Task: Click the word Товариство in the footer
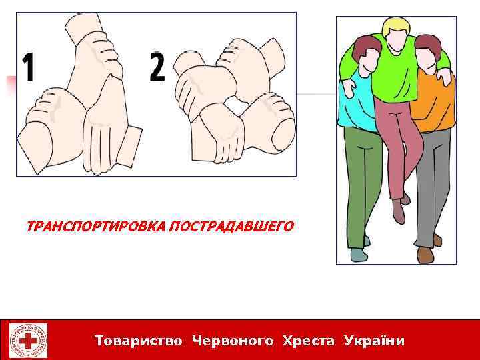coord(139,341)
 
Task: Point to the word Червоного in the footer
coord(233,341)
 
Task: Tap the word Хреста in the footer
coord(309,341)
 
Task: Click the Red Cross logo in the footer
coord(28,341)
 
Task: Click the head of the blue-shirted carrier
coord(363,57)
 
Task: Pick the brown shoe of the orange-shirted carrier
coord(425,254)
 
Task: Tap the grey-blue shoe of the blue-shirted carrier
coord(358,255)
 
